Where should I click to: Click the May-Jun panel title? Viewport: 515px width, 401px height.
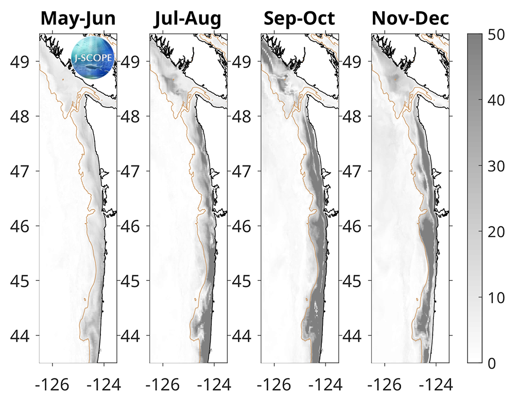tap(78, 19)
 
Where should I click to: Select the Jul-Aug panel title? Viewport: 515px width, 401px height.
tap(188, 19)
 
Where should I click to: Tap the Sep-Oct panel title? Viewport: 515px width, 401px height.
tap(299, 19)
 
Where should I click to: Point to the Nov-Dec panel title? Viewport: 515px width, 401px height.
tap(410, 19)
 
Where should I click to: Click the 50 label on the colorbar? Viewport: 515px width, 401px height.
tap(497, 35)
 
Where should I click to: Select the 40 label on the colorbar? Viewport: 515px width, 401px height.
tap(497, 101)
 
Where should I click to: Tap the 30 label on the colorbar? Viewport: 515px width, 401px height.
tap(497, 166)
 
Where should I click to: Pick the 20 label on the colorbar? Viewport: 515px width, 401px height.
tap(497, 231)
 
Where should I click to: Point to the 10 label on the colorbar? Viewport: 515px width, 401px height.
tap(497, 297)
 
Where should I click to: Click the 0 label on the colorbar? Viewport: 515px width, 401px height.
tap(492, 363)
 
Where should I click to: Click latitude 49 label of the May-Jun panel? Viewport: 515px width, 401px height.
tap(22, 61)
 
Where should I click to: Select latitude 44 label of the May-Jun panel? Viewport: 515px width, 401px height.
tap(22, 336)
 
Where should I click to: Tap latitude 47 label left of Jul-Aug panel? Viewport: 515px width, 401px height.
tap(132, 171)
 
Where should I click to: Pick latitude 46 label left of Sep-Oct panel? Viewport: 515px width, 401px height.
tap(243, 226)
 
